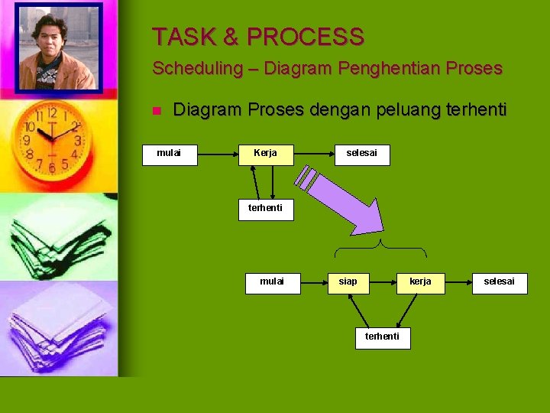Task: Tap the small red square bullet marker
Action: (x=156, y=112)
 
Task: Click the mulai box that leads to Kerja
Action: (x=170, y=154)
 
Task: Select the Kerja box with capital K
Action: (x=266, y=154)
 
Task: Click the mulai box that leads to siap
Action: (x=272, y=282)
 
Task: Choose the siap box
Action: (x=348, y=282)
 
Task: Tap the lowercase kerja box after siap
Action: (x=420, y=282)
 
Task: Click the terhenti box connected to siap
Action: (x=383, y=337)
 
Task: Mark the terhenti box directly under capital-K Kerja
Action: (x=265, y=209)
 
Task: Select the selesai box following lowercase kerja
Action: (x=500, y=282)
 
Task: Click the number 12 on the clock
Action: (x=51, y=113)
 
